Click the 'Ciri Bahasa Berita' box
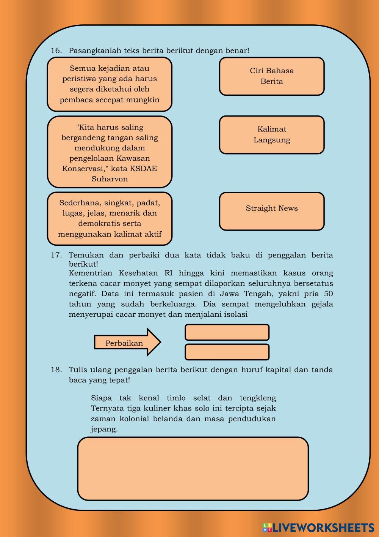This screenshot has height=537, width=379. coord(272,76)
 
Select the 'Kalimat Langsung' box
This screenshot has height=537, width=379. coord(272,135)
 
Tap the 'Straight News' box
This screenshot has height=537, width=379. coord(272,211)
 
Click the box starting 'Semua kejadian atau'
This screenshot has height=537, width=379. coord(110,84)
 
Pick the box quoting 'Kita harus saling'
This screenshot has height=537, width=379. coord(110,152)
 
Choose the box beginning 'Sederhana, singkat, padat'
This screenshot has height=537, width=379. coord(110,218)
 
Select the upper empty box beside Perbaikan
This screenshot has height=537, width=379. coord(227,332)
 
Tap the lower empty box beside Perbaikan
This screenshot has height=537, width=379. coord(227,352)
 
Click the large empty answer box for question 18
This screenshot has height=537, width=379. coord(193,469)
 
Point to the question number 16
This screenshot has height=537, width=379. coord(56,51)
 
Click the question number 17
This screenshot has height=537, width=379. coord(56,255)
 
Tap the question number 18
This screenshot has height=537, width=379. coord(56,370)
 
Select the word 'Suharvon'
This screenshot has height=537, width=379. coord(110,179)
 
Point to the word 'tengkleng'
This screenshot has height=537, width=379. coord(258,398)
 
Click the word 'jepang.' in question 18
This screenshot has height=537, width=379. coord(104,430)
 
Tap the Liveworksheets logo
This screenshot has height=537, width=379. coord(318,527)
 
